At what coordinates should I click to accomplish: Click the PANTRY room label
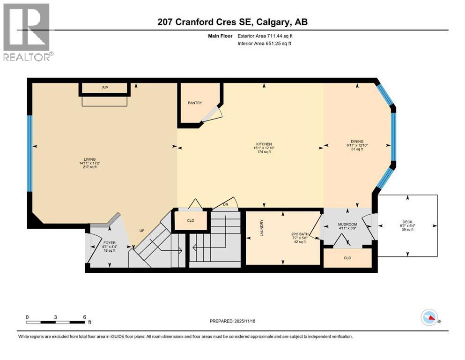195,103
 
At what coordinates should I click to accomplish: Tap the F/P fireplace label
105,88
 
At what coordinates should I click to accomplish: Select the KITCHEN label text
264,144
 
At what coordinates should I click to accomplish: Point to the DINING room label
357,141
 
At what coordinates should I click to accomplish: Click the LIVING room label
83,164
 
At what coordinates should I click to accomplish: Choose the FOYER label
109,243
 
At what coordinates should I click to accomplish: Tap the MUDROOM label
347,225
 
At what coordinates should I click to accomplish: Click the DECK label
407,222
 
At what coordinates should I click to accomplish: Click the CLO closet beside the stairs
191,221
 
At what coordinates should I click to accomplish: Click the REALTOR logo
27,31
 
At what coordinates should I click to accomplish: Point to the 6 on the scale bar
84,317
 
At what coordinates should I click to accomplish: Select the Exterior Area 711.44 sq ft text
267,36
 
